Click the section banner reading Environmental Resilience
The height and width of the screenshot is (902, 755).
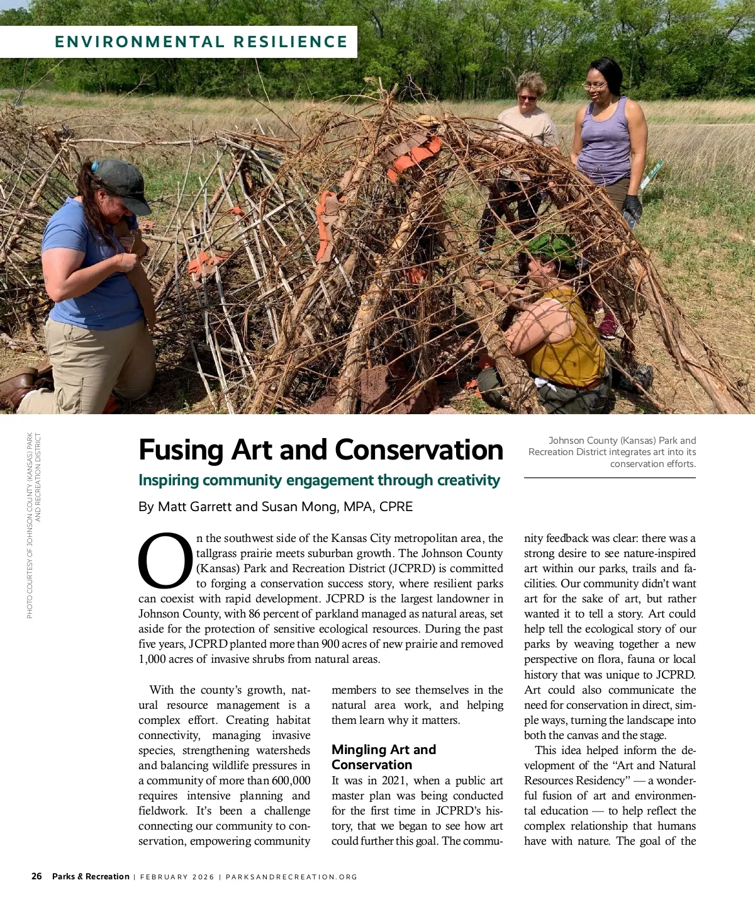click(201, 42)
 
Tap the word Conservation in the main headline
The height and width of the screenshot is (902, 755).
click(419, 450)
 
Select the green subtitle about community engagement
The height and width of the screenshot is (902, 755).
click(319, 480)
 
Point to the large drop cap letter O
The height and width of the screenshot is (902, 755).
click(165, 561)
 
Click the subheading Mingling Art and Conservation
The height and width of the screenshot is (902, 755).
click(383, 757)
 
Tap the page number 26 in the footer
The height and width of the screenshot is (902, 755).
click(37, 876)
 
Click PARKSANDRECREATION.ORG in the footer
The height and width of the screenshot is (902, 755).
click(291, 877)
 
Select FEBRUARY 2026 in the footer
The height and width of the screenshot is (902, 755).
click(177, 877)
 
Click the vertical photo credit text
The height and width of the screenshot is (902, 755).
click(33, 525)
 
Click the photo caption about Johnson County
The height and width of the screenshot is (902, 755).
click(612, 452)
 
